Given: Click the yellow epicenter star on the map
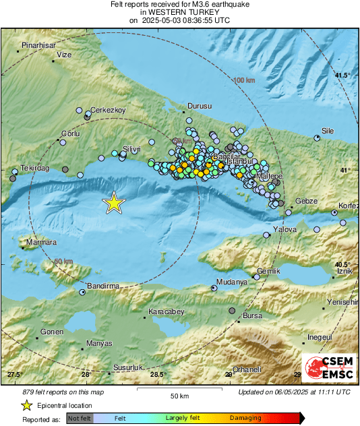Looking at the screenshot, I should point(114,203).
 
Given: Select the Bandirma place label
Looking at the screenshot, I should point(103,286).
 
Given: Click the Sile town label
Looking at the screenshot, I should point(328,131).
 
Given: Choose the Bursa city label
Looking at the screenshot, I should point(252,315).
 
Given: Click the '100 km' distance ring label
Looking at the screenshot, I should point(244,80).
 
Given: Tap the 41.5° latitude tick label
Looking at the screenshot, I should point(343,75).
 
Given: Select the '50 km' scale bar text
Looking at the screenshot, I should point(179,396).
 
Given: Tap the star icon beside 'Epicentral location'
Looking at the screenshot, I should point(26,405).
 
